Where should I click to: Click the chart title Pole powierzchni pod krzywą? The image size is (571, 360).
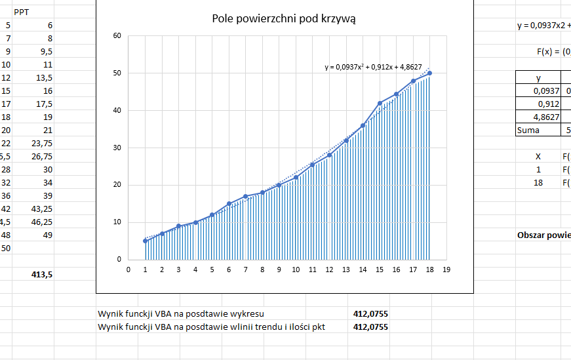coord(284,19)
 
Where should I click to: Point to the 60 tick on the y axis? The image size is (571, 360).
coord(117,35)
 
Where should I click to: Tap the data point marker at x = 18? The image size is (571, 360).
coord(430,73)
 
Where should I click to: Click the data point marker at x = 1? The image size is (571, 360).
coord(145,241)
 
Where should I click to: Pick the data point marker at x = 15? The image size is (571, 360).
coord(380,103)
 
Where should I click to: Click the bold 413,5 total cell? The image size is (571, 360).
coord(42,275)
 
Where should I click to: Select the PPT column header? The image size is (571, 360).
coord(22,12)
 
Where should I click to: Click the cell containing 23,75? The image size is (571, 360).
coord(42,144)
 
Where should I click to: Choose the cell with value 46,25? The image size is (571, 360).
coord(42,222)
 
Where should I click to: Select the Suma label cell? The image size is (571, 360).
coord(528,130)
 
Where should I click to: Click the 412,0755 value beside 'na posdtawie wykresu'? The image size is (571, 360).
coord(370,313)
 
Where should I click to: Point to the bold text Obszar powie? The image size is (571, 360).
coord(543,235)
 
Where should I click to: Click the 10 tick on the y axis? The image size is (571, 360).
coord(117,222)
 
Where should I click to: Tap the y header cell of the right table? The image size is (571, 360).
coord(539,77)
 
